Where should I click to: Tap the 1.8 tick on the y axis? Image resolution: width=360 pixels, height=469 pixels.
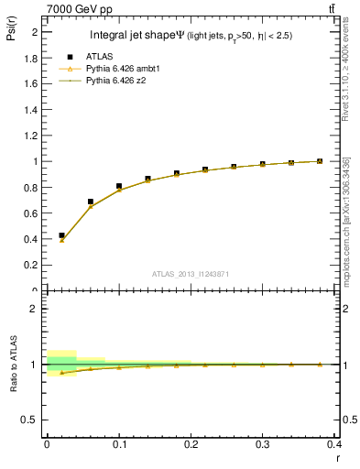pyautogui.click(x=32, y=57)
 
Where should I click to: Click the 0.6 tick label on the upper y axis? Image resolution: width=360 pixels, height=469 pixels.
pyautogui.click(x=32, y=213)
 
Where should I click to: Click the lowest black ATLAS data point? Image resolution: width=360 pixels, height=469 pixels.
pyautogui.click(x=61, y=235)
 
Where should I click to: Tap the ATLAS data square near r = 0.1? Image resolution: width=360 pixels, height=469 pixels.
pyautogui.click(x=119, y=186)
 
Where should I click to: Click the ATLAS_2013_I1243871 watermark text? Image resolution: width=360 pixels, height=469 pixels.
pyautogui.click(x=191, y=274)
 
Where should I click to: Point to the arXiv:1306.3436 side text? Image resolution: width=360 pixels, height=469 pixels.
pyautogui.click(x=345, y=197)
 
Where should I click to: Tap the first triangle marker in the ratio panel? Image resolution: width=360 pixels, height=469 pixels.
pyautogui.click(x=61, y=372)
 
